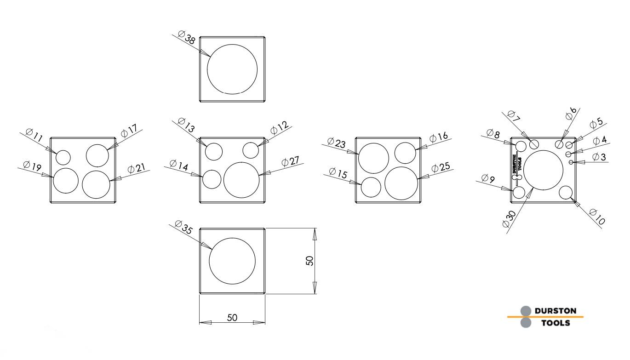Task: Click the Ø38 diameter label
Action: click(186, 37)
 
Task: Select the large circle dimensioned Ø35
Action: click(232, 261)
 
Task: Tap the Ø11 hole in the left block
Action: click(63, 157)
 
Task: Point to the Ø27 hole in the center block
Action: click(241, 180)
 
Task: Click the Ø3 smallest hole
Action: click(571, 162)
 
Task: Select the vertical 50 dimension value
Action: click(310, 261)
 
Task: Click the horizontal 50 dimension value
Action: click(232, 318)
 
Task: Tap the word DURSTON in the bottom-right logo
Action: click(556, 311)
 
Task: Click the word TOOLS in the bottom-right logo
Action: click(556, 323)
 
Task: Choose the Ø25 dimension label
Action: click(441, 167)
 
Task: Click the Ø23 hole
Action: click(374, 158)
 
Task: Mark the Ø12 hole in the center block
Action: click(251, 150)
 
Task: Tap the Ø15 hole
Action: click(371, 187)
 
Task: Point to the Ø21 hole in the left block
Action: click(96, 184)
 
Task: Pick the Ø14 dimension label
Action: click(179, 165)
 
